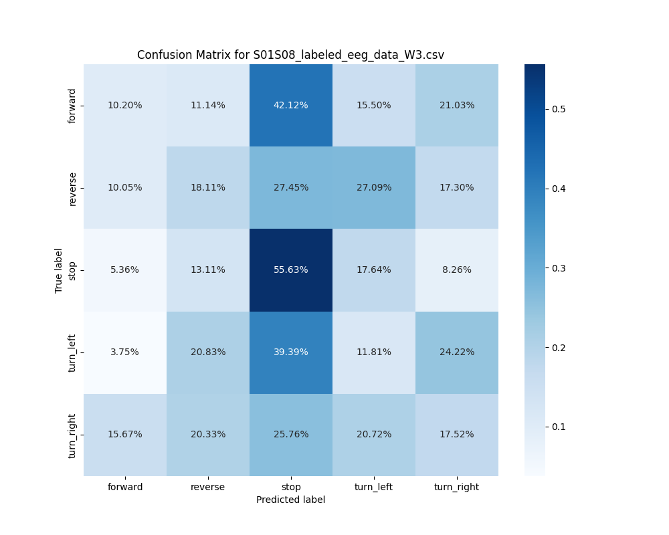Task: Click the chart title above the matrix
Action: pos(290,55)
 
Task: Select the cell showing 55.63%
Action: pos(291,270)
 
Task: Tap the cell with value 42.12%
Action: pos(291,106)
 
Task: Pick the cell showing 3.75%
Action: pos(125,352)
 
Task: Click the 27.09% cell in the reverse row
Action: pos(374,188)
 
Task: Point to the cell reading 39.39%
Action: pos(291,352)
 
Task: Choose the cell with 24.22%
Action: pos(457,352)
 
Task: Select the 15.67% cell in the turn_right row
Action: pos(125,435)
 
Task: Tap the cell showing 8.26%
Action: pos(457,270)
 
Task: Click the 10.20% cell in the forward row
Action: pos(125,106)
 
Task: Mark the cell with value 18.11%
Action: pos(208,188)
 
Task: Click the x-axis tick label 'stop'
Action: pos(291,487)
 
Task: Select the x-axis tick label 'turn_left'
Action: pos(374,487)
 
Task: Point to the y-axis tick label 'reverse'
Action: pos(73,188)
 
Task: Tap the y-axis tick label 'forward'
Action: pos(73,106)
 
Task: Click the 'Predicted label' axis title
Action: pos(290,500)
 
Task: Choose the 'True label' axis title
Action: pos(60,270)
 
